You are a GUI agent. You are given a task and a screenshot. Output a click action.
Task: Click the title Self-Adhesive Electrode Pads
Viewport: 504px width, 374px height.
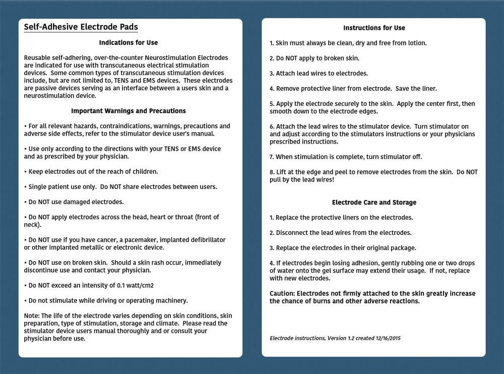[x=81, y=27]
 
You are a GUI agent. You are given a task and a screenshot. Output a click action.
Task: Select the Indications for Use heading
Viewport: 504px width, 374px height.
[x=129, y=43]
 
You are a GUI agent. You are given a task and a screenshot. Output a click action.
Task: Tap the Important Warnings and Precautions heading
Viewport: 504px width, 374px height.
[x=129, y=111]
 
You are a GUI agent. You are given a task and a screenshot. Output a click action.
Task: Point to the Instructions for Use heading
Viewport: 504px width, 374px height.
[x=374, y=28]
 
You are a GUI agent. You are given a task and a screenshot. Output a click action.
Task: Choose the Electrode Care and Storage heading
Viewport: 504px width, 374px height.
[x=374, y=203]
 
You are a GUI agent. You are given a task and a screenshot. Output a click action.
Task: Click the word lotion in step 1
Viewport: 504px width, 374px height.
[x=416, y=43]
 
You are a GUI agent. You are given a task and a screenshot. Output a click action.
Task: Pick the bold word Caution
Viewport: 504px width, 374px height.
[x=282, y=294]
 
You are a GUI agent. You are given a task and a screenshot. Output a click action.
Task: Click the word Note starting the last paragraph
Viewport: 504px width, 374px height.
[x=31, y=316]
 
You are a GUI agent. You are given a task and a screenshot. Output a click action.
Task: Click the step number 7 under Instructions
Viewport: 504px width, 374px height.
[x=271, y=157]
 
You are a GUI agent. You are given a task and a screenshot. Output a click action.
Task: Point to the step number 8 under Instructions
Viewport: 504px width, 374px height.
[x=271, y=172]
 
